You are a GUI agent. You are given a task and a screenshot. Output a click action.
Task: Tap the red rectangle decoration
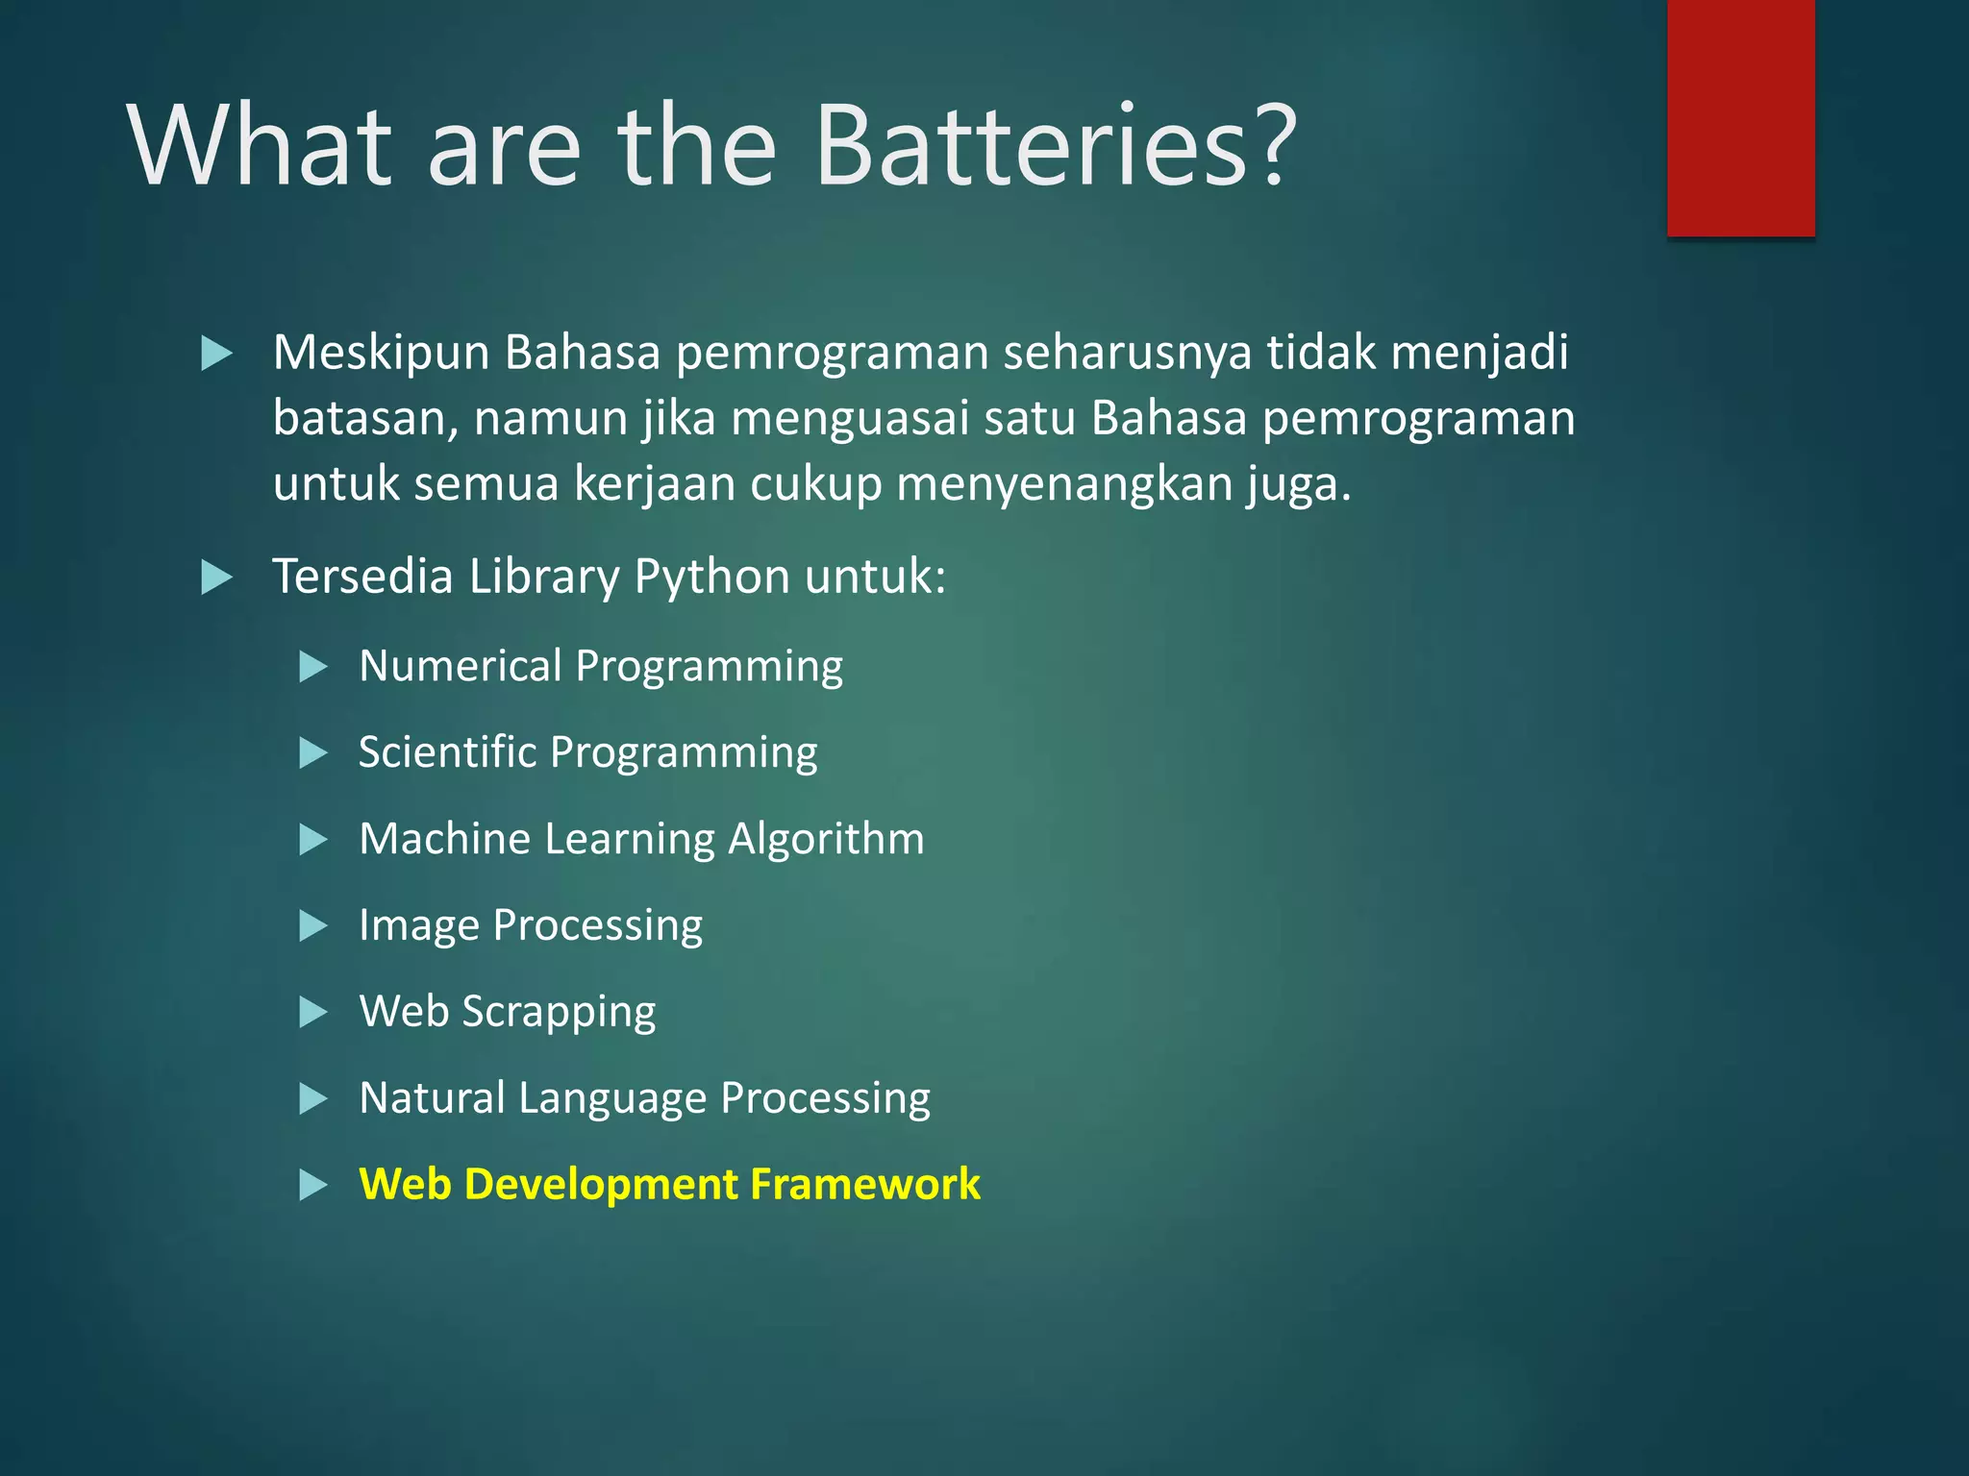(x=1740, y=117)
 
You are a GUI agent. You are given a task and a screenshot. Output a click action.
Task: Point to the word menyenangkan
(x=1064, y=484)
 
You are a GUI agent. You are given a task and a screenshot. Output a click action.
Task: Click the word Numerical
(x=461, y=666)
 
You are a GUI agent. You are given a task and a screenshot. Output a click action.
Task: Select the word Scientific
(x=447, y=752)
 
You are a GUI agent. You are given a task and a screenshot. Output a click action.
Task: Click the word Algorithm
(x=826, y=839)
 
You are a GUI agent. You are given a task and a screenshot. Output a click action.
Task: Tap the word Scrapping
(x=559, y=1012)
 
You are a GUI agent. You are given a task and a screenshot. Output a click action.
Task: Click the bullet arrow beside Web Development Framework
(x=313, y=1185)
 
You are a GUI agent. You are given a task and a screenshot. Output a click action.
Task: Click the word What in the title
(x=261, y=146)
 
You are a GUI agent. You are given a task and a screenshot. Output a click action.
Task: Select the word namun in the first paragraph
(x=551, y=419)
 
